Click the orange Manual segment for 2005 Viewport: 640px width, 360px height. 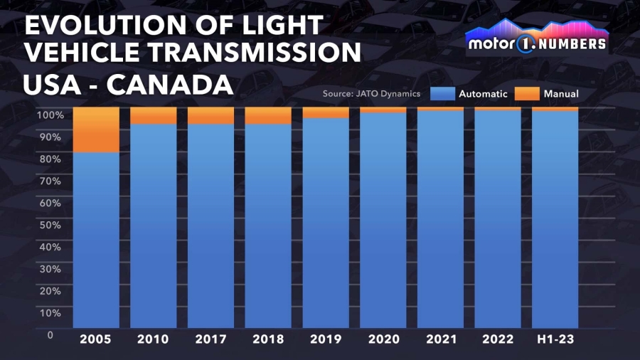96,130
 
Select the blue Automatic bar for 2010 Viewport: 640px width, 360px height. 154,225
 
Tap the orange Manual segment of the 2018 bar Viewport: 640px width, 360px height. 268,115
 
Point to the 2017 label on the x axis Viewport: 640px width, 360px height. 210,339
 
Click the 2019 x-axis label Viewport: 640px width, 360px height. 326,339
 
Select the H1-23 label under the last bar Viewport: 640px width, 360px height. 555,339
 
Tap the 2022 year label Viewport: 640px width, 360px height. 498,339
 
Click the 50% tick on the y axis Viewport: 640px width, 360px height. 49,225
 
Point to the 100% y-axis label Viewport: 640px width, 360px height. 50,115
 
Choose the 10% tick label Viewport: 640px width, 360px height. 49,312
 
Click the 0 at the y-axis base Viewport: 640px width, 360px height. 50,334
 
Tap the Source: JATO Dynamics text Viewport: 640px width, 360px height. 371,93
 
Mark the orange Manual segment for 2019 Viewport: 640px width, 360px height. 326,112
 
